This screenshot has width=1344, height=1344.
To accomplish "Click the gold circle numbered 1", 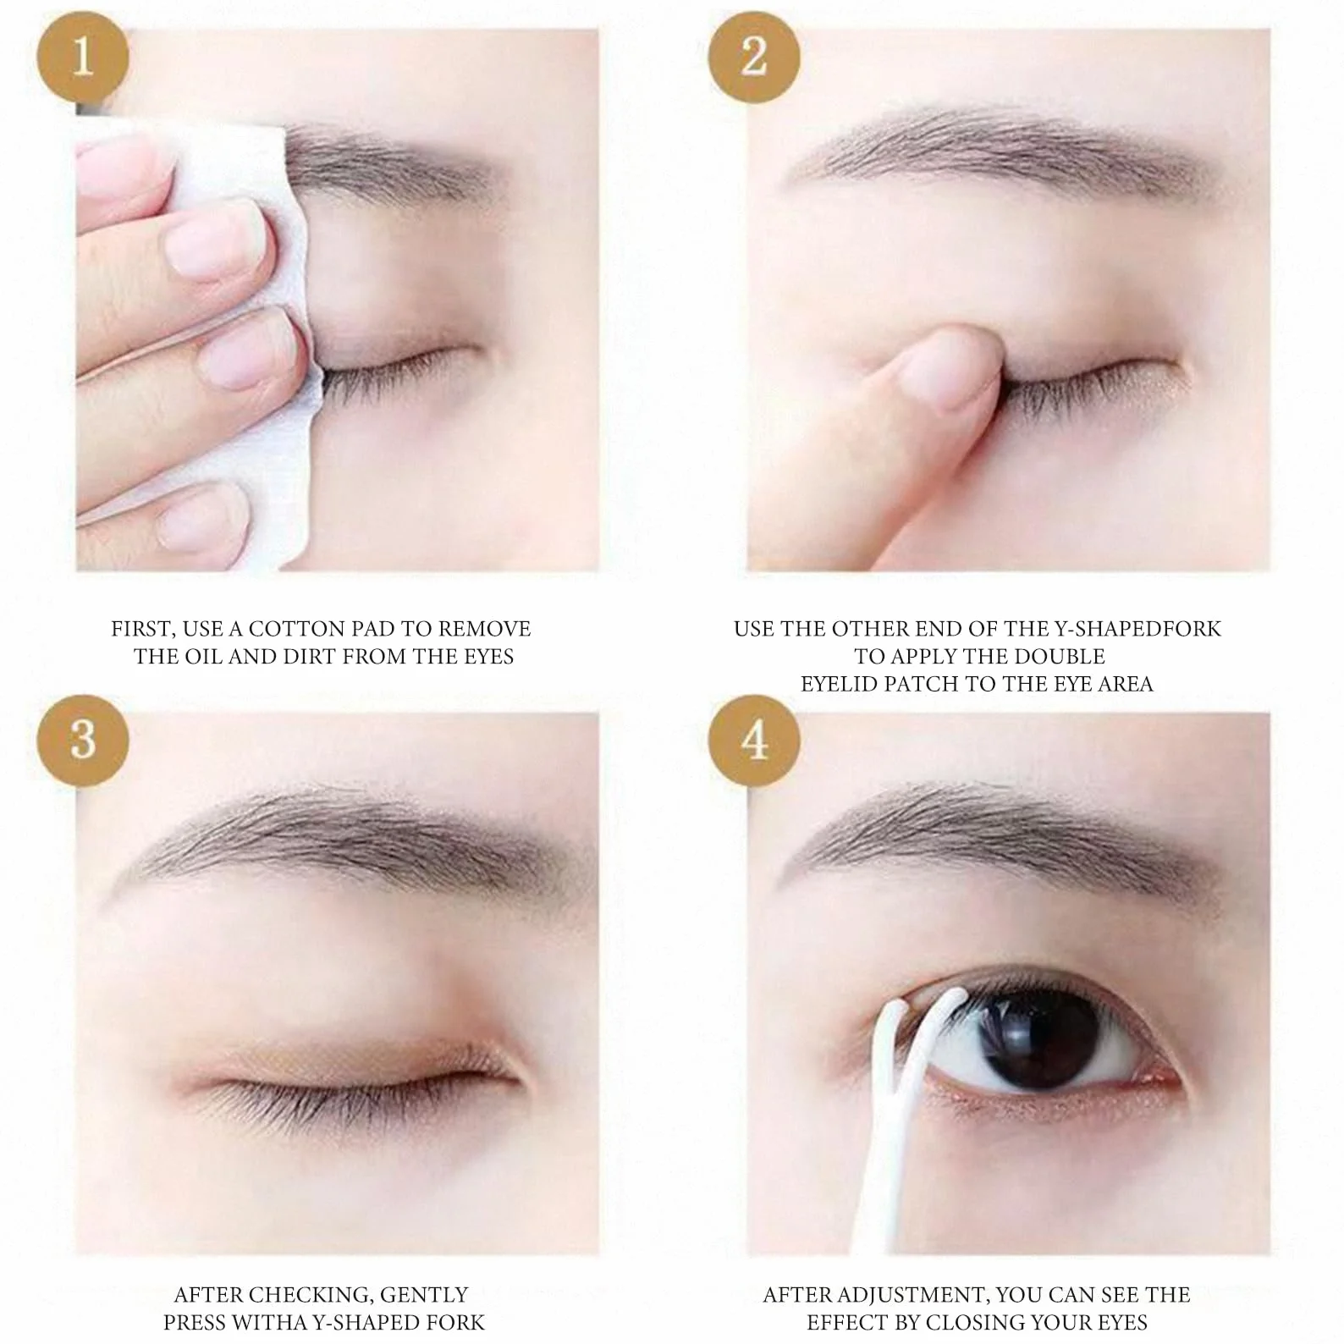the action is coord(82,58).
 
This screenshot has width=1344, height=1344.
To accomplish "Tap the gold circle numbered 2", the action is coord(753,58).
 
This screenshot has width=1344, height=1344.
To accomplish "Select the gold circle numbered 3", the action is coord(82,740).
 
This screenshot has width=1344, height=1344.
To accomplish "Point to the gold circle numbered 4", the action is coord(753,740).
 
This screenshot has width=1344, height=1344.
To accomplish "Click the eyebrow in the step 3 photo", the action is coord(360,838).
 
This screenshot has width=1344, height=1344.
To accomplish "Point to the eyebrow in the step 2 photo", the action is coord(1007,152).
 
